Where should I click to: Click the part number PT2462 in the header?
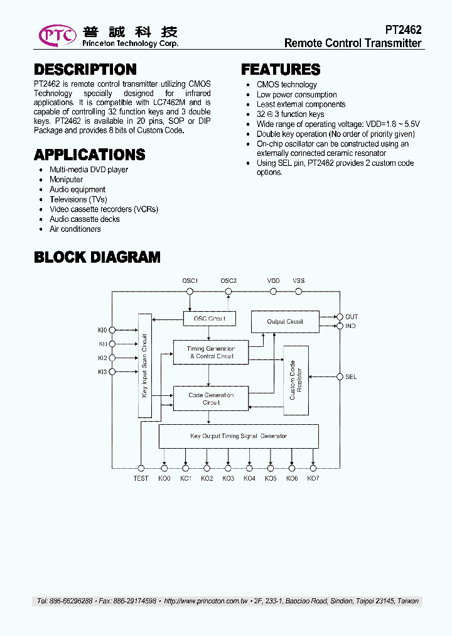coord(403,30)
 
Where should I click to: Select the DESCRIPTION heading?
coord(85,70)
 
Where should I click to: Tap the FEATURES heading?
coord(281,70)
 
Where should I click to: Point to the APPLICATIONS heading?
coord(90,155)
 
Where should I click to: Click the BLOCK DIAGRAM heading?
coord(97,257)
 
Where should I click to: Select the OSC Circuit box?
coord(210,319)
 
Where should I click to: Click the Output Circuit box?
coord(285,321)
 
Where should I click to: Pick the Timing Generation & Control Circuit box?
coord(211,353)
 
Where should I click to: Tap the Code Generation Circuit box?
coord(211,398)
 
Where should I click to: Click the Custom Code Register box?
coord(296,380)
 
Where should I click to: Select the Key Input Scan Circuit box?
coord(144,365)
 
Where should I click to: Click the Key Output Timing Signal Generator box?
coord(239,436)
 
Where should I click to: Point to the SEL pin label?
coord(351,377)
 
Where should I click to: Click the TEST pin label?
coord(141,479)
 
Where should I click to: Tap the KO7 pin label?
coord(313,479)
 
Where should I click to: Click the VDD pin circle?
coord(273,292)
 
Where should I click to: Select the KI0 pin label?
coord(102,329)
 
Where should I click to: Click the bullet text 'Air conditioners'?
coord(75,229)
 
